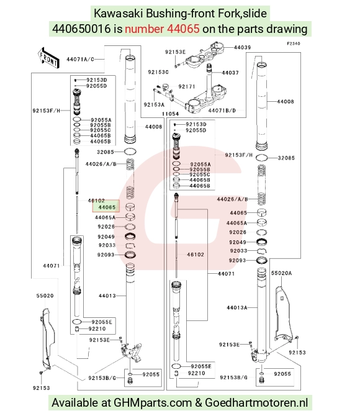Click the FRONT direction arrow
pos(48,58)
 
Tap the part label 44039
pos(242,47)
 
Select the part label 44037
pos(230,73)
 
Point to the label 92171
pos(186,86)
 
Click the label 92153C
pos(158,72)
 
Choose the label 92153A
pos(154,105)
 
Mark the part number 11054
pos(170,114)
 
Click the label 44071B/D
pos(222,111)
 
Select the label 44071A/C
pos(80,60)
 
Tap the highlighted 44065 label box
pos(106,206)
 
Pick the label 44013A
pos(236,308)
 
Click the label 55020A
pos(281,273)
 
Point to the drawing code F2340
pos(294,43)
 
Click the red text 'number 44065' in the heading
pos(162,29)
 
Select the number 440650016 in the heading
pos(81,29)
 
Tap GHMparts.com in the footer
pos(153,403)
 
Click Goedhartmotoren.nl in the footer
pos(256,403)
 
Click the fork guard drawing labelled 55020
pos(47,339)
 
